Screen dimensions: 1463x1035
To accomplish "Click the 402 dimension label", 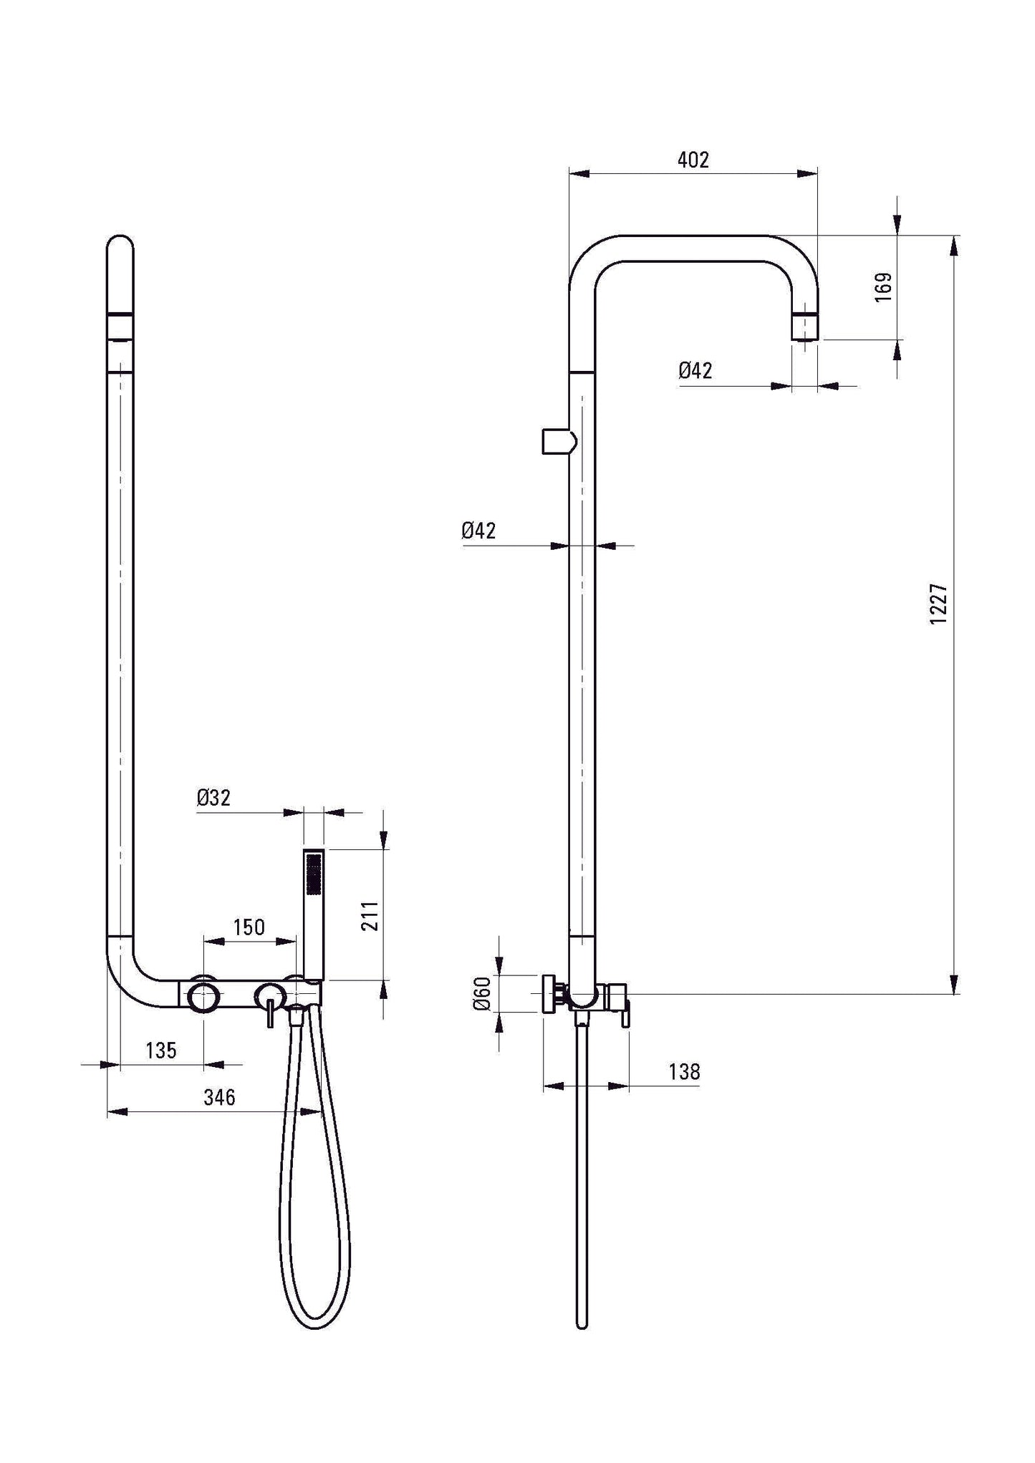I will (x=693, y=160).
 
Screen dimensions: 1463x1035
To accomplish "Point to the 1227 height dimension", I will (x=938, y=604).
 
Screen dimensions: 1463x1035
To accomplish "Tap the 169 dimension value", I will (x=884, y=287).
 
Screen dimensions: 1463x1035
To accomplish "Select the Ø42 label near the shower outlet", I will (x=695, y=370).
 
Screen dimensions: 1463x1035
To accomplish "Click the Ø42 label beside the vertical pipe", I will (x=478, y=531).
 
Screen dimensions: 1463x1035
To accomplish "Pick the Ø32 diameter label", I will (x=213, y=798).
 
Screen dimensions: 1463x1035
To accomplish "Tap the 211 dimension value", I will (x=370, y=916).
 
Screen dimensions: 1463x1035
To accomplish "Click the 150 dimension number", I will (x=249, y=927).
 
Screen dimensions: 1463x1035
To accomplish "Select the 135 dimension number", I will (x=160, y=1051).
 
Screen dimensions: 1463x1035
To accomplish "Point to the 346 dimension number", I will (x=219, y=1097).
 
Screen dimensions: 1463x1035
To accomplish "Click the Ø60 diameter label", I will (x=482, y=993).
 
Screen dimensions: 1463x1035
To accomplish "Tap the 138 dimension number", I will (x=684, y=1072).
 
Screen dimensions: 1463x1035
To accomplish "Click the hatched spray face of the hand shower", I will (x=313, y=873).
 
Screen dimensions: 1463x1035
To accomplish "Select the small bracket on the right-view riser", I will (x=558, y=441).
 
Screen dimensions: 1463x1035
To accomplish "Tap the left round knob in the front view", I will (x=203, y=997).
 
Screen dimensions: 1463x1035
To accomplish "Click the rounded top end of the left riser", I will (x=120, y=247).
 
